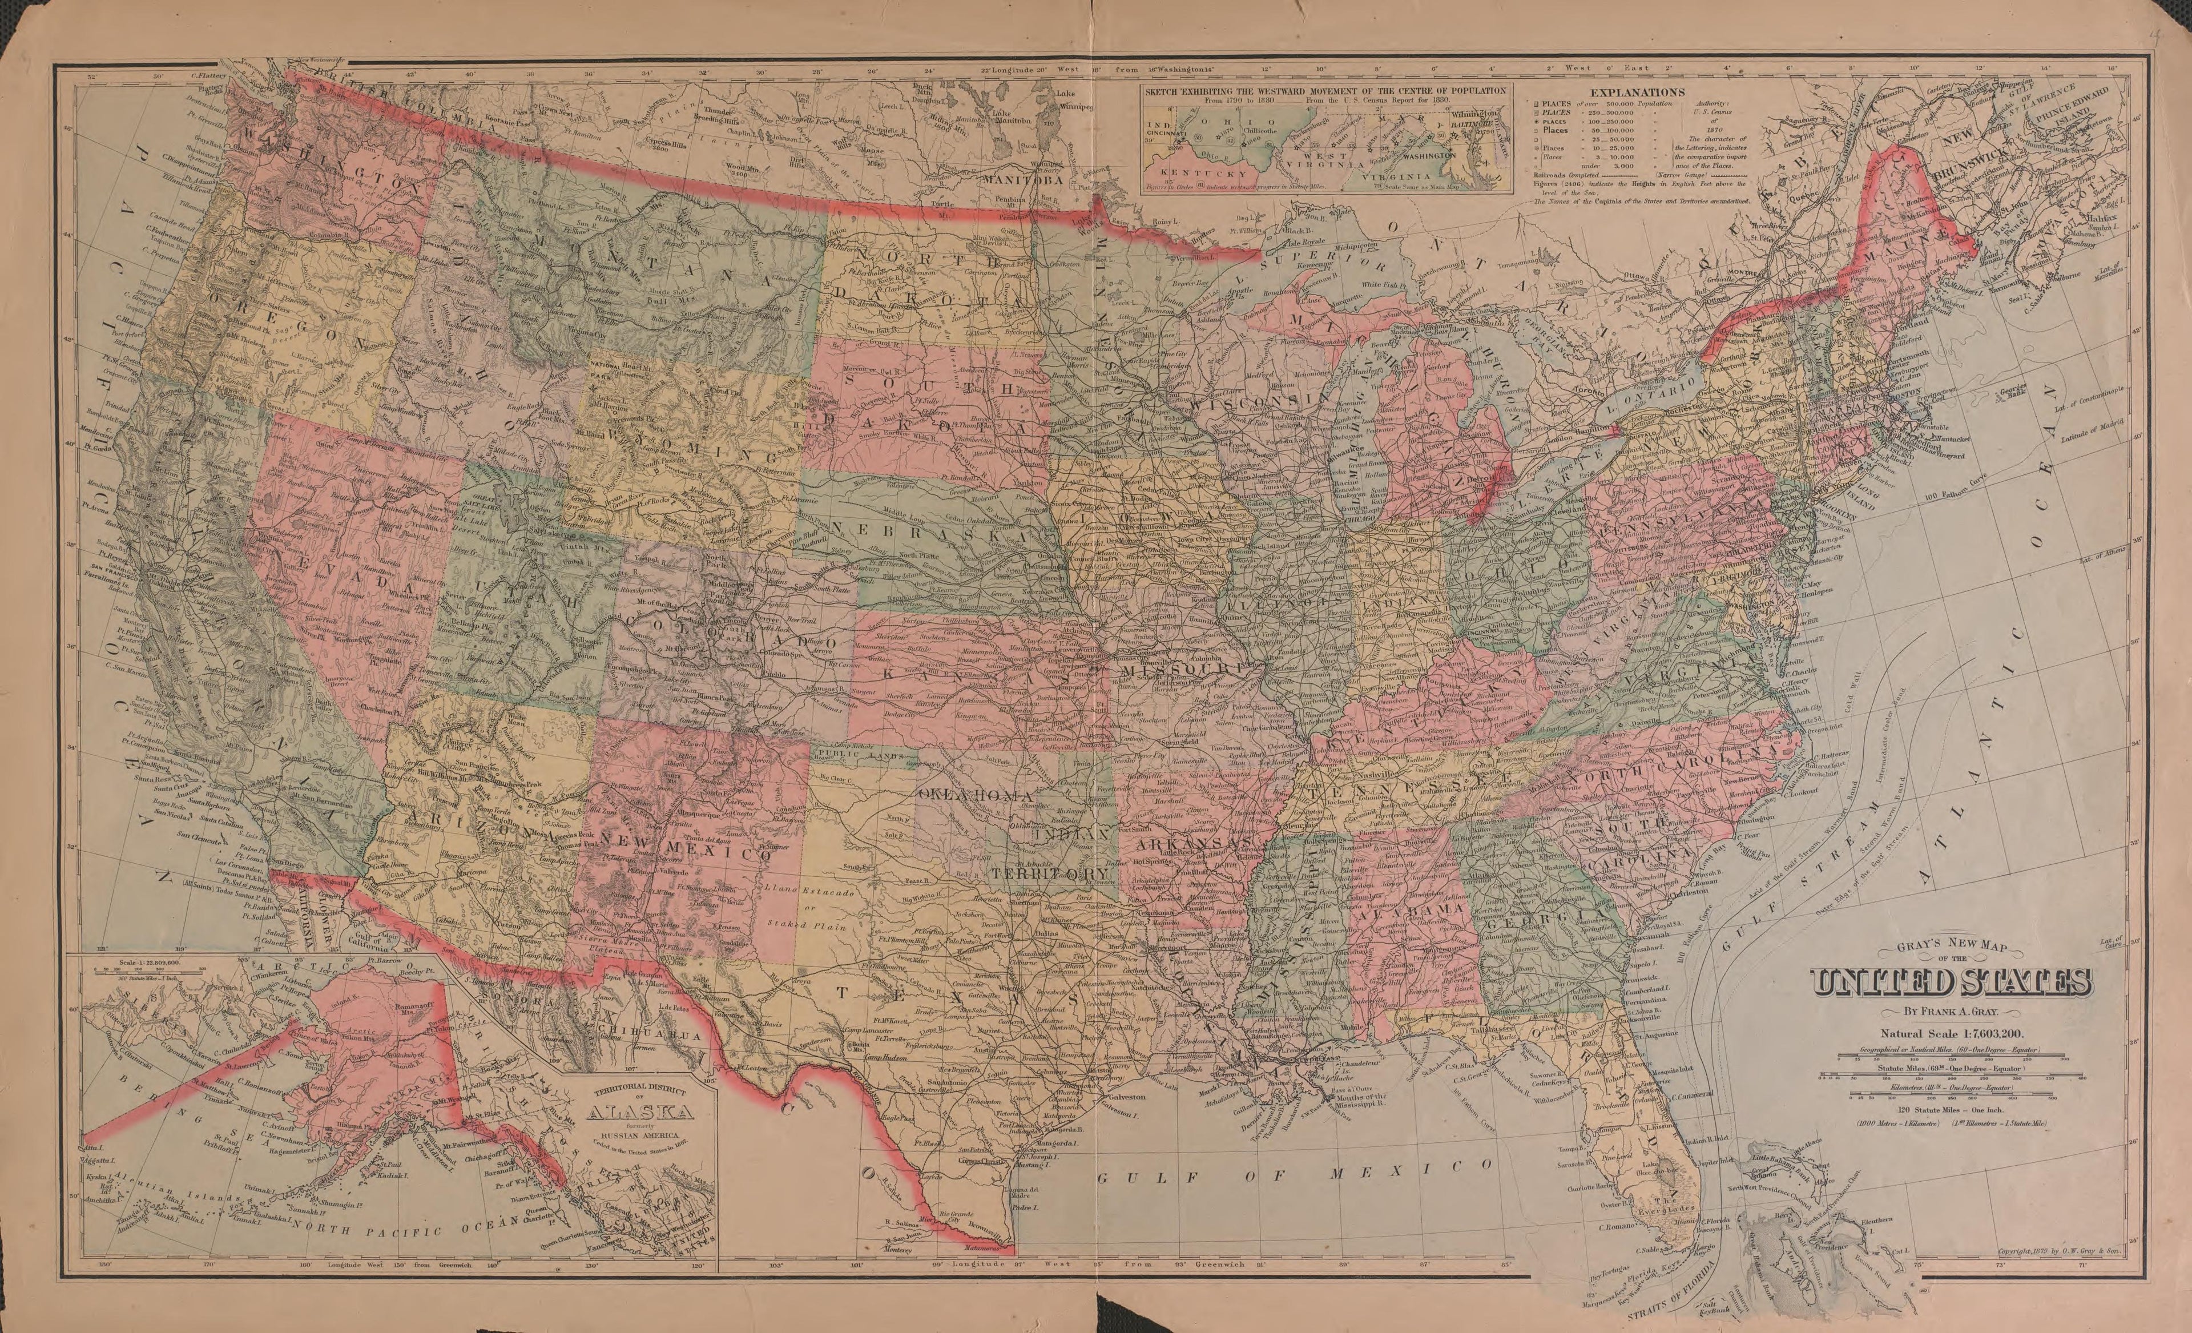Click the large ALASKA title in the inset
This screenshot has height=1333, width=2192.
(634, 1112)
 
